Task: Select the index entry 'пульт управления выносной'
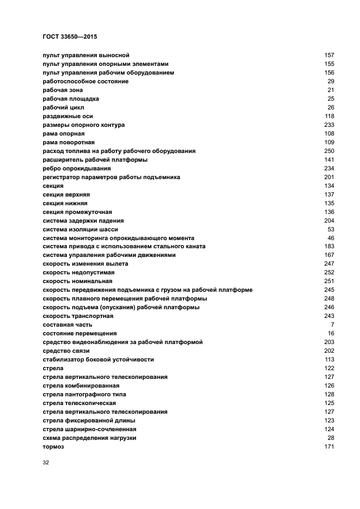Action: pyautogui.click(x=86, y=55)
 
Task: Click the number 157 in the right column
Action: pyautogui.click(x=329, y=55)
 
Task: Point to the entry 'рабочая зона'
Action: pyautogui.click(x=63, y=90)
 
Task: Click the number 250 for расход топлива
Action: pyautogui.click(x=329, y=151)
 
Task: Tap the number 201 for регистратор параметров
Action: pyautogui.click(x=329, y=177)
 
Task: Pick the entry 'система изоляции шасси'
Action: pyautogui.click(x=80, y=229)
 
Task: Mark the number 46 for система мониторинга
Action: pyautogui.click(x=331, y=238)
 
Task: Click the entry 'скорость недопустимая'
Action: pyautogui.click(x=78, y=272)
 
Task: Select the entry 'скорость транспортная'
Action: pyautogui.click(x=78, y=316)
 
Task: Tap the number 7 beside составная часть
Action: pyautogui.click(x=332, y=324)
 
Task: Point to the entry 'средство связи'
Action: pyautogui.click(x=66, y=351)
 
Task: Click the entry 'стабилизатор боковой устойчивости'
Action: pyautogui.click(x=98, y=359)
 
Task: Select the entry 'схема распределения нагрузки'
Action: pyautogui.click(x=89, y=438)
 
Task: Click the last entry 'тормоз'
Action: pyautogui.click(x=53, y=446)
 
